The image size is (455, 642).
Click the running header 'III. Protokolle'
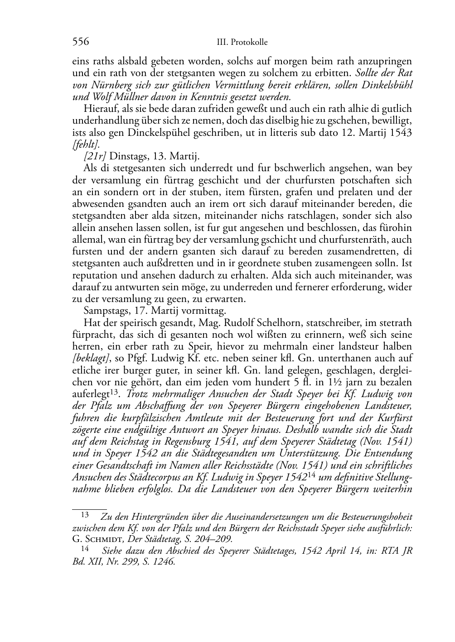coord(242,43)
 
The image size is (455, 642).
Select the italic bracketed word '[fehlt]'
coord(83,144)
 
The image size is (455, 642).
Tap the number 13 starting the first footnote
coord(85,514)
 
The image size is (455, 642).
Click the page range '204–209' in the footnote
coord(215,539)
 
